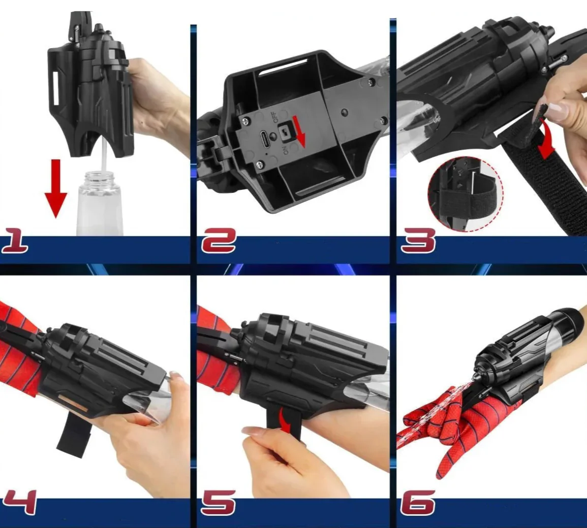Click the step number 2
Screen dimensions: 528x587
(x=219, y=241)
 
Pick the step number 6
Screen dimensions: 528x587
(x=418, y=503)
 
